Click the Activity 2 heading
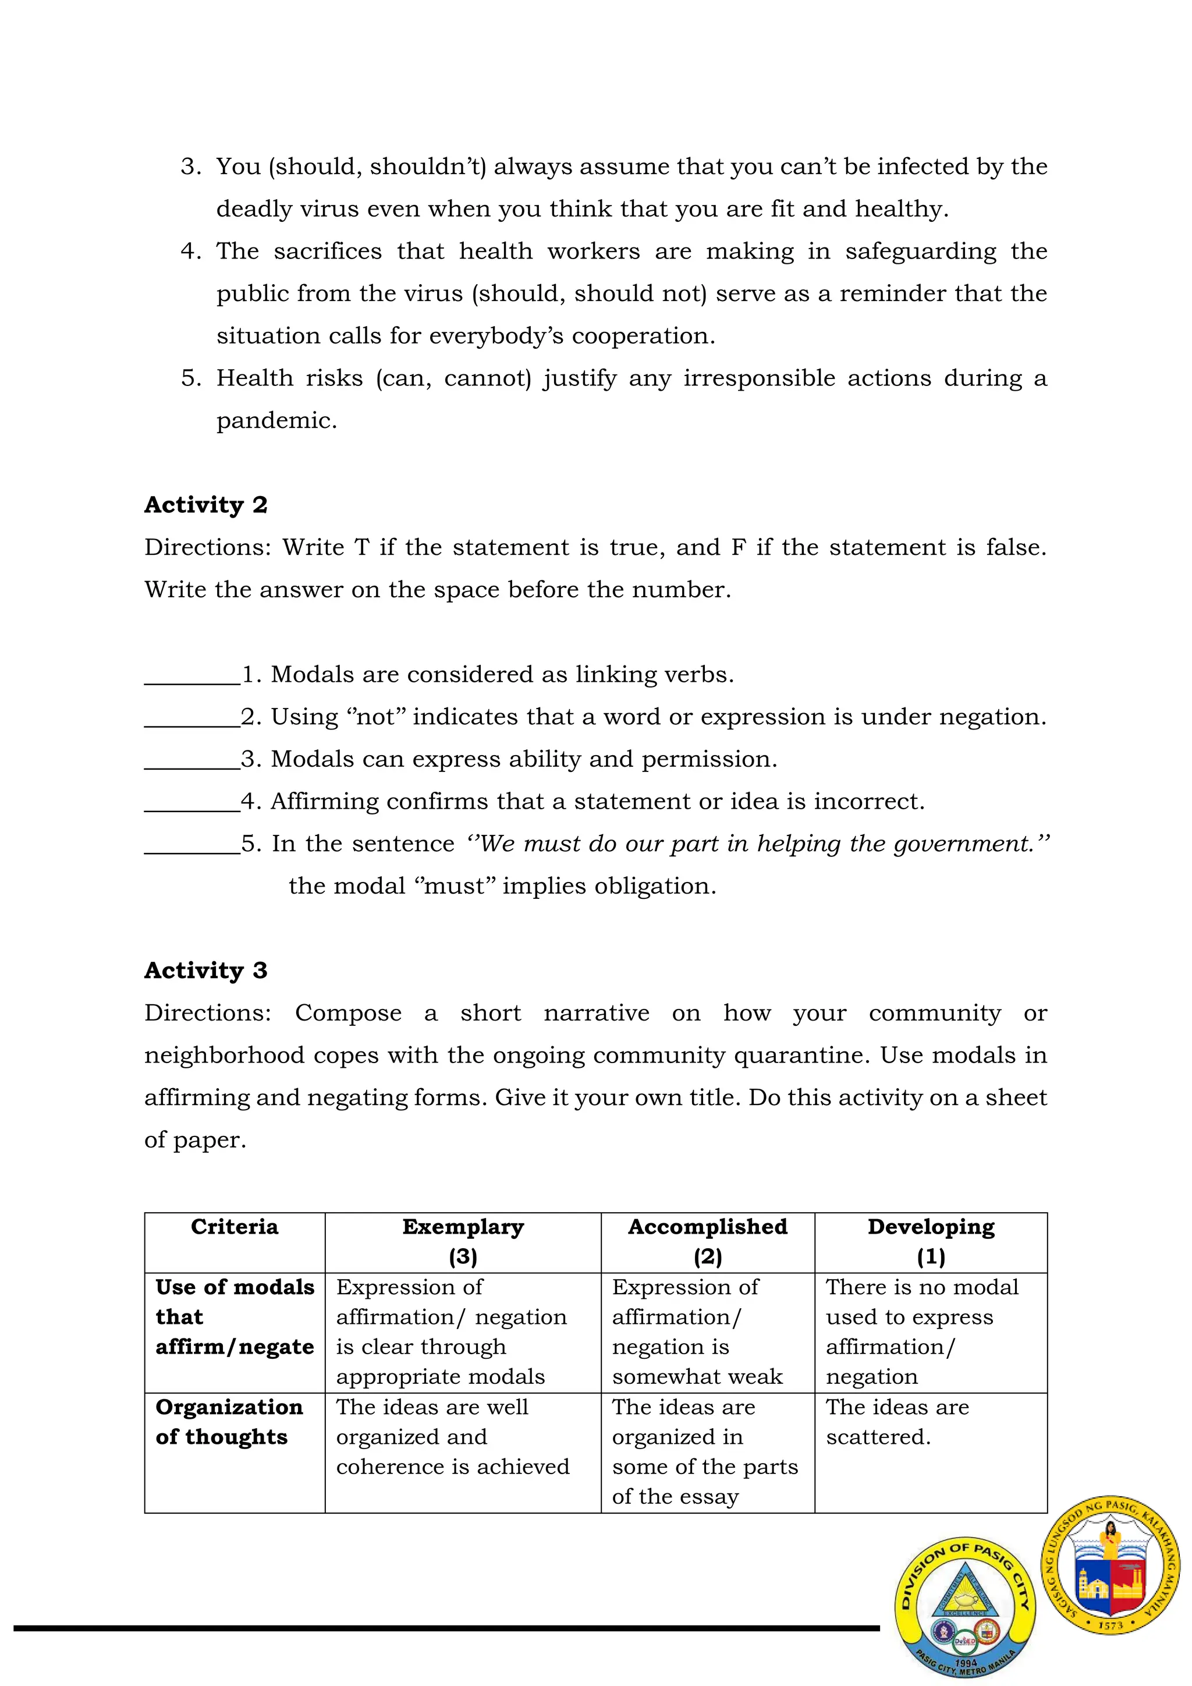(205, 505)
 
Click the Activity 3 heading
(205, 970)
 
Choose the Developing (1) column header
(930, 1241)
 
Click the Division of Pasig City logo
(964, 1607)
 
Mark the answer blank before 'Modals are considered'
(192, 675)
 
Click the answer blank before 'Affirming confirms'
(192, 803)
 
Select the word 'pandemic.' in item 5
(276, 421)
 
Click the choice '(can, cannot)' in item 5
(453, 378)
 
